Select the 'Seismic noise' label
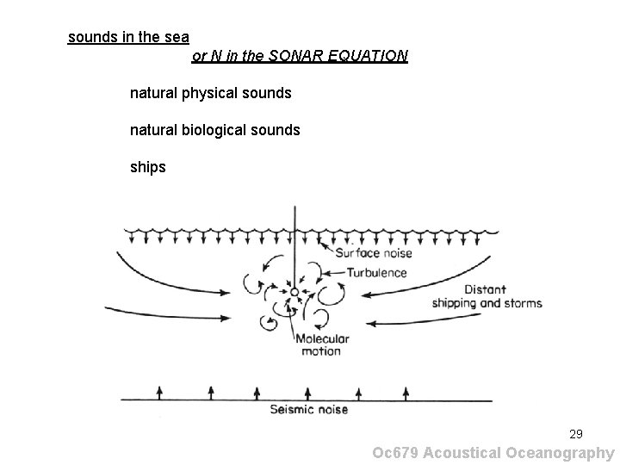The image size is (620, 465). point(309,409)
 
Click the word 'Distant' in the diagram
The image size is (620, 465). point(485,289)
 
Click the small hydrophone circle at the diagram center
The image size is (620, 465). point(294,294)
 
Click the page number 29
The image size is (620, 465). point(575,434)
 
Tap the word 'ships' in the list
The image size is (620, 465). point(147,167)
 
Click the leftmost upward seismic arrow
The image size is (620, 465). point(158,392)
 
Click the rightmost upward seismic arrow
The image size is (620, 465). point(453,392)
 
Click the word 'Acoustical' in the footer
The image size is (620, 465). point(465,453)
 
